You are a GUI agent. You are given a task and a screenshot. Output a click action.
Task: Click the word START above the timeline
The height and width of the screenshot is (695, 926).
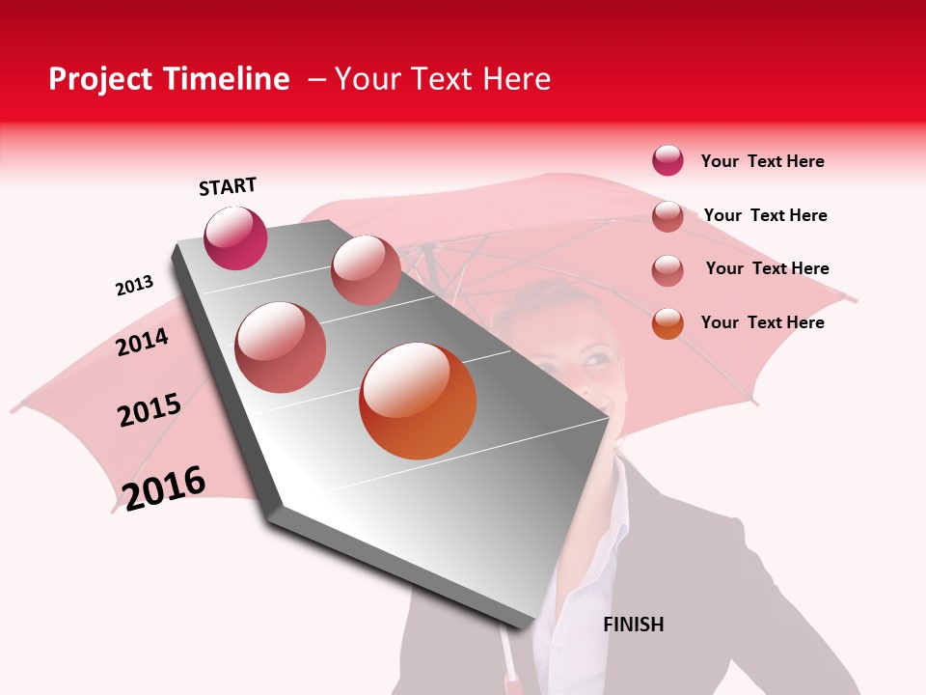pyautogui.click(x=228, y=186)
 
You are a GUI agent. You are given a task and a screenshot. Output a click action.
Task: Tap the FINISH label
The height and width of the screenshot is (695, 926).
pyautogui.click(x=633, y=625)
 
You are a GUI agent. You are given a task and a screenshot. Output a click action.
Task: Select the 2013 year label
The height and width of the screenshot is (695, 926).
pyautogui.click(x=134, y=286)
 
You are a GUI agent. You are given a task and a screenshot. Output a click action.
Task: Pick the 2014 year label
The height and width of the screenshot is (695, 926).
pyautogui.click(x=142, y=342)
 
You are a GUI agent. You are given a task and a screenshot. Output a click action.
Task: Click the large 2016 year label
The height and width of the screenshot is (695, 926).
pyautogui.click(x=164, y=487)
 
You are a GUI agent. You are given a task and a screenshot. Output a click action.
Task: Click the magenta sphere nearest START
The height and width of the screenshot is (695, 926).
pyautogui.click(x=235, y=238)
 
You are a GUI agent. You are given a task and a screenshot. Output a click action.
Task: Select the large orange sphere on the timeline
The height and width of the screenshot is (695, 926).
pyautogui.click(x=418, y=401)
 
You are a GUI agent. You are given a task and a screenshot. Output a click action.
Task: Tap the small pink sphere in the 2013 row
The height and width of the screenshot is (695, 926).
pyautogui.click(x=366, y=270)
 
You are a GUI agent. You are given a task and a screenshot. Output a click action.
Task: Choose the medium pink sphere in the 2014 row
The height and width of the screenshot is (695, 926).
pyautogui.click(x=281, y=347)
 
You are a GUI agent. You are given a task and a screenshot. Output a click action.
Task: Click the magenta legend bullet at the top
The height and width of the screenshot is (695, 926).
pyautogui.click(x=667, y=160)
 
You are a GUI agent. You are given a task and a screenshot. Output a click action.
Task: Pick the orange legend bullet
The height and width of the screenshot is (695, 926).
pyautogui.click(x=667, y=323)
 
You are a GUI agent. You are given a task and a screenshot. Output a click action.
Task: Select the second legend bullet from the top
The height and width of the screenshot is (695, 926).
pyautogui.click(x=667, y=216)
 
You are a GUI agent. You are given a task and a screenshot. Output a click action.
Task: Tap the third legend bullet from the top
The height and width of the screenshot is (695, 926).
pyautogui.click(x=667, y=270)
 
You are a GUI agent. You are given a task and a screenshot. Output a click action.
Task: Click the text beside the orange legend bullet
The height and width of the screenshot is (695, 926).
pyautogui.click(x=762, y=322)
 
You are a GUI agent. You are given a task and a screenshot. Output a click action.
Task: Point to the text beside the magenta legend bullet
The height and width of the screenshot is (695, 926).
pyautogui.click(x=762, y=161)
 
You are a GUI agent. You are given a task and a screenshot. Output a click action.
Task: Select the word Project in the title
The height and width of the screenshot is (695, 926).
pyautogui.click(x=101, y=79)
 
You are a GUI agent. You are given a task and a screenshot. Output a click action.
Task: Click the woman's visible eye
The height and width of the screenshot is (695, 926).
pyautogui.click(x=594, y=359)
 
